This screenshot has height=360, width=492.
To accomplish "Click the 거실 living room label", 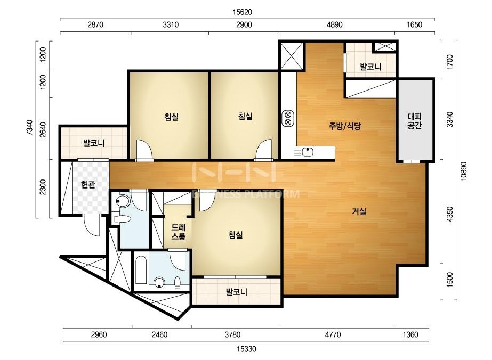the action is [x=359, y=211].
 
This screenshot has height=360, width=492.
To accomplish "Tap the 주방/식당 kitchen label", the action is [x=345, y=126].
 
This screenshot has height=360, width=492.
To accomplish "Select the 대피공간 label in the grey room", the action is [x=415, y=121].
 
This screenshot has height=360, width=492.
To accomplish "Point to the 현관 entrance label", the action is [x=88, y=185].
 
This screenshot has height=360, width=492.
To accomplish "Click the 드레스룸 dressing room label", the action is [x=179, y=232].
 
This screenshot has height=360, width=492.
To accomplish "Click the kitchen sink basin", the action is [x=308, y=152].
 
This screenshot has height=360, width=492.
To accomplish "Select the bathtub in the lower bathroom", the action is [x=141, y=270].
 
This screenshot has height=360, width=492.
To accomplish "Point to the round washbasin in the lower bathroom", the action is [x=159, y=282].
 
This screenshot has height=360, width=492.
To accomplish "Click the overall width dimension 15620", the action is [x=242, y=12].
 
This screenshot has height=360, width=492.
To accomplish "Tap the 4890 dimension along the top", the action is [x=334, y=25].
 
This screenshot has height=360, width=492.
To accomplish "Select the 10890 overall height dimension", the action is [x=463, y=171].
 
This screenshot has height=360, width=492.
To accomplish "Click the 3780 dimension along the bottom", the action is [x=232, y=334].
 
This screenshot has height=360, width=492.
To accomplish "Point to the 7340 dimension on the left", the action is [x=29, y=127].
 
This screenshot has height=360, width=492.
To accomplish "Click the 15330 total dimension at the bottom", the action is [x=246, y=349].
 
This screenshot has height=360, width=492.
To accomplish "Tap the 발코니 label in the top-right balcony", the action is [x=370, y=67].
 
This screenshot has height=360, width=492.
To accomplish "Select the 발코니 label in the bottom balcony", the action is [x=237, y=292].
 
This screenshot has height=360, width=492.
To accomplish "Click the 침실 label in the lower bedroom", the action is [x=235, y=234].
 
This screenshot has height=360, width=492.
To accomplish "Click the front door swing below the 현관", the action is [x=92, y=225].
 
